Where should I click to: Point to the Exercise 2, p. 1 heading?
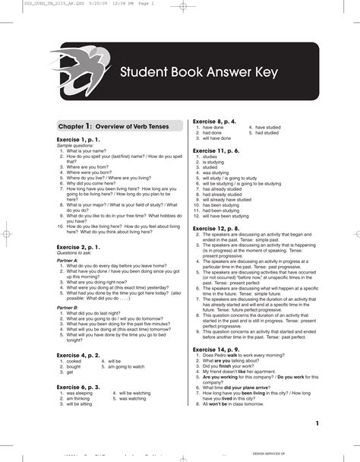pos(78,248)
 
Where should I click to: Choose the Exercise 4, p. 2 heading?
pos(78,355)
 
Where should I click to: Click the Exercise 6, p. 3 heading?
pos(78,387)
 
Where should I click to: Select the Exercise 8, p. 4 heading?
pos(215,122)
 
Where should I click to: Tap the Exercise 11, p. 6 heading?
pos(216,150)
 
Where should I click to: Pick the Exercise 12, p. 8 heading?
pos(216,228)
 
